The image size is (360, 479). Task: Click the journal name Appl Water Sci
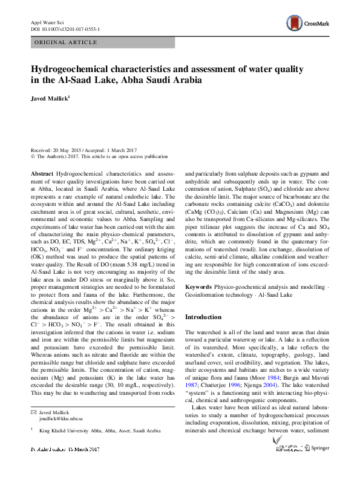[x=47, y=22]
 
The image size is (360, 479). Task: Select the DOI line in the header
[x=65, y=29]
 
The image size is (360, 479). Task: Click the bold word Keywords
[x=198, y=285]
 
